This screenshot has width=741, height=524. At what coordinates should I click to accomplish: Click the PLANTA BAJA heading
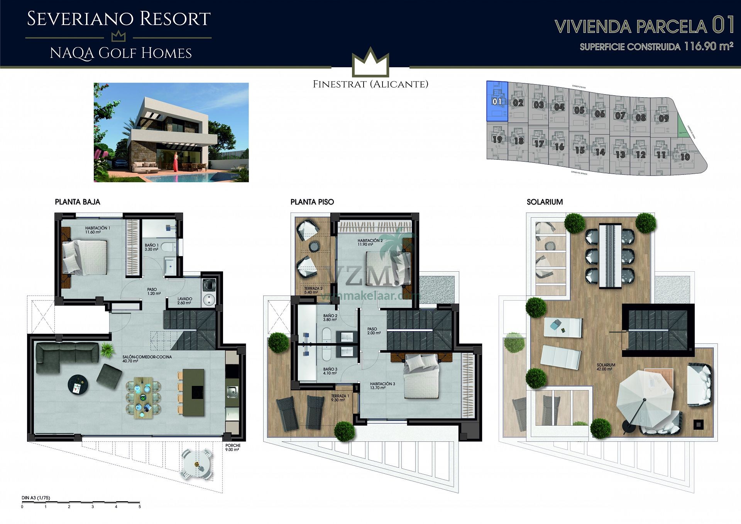pos(77,202)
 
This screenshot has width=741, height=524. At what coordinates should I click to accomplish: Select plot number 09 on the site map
pos(663,118)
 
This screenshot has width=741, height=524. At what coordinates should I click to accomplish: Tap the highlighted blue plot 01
pos(497,101)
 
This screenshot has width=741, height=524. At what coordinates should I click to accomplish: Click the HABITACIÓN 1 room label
pos(97,230)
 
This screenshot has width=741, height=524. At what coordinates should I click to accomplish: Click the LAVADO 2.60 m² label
pos(184,301)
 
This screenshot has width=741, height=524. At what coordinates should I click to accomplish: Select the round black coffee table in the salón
pos(78,384)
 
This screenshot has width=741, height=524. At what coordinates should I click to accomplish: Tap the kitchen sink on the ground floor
pos(232,392)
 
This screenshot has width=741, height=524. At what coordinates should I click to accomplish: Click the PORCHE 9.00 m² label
pos(233,447)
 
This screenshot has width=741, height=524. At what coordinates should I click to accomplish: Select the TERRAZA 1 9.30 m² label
pos(340,398)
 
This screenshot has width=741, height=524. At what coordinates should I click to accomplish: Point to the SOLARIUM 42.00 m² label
pos(606,367)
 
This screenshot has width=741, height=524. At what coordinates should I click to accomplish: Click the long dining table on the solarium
pos(610,255)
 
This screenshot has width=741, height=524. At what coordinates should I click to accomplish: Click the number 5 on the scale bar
pos(140,507)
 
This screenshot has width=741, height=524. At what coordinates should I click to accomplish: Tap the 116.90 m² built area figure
pos(708,46)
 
